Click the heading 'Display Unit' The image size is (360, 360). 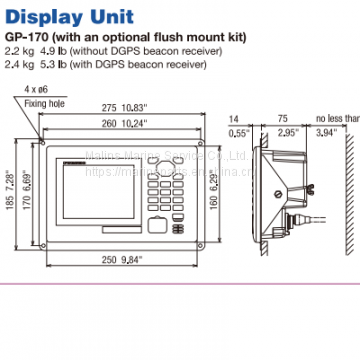click(x=71, y=15)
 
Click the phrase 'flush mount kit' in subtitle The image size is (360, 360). click(x=209, y=38)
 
